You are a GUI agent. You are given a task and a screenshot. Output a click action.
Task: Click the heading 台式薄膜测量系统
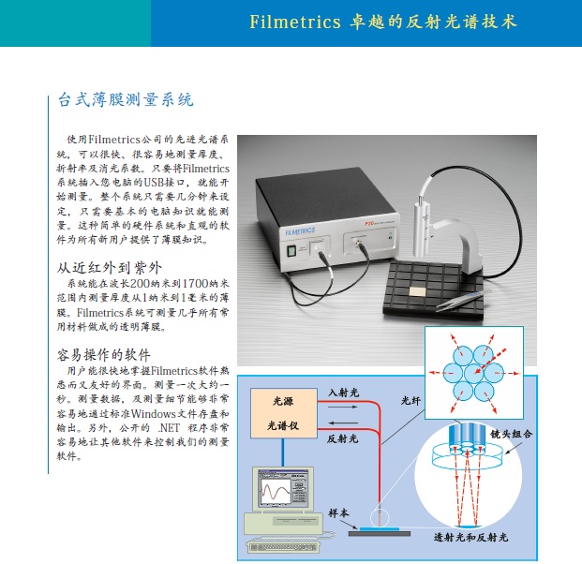click(126, 99)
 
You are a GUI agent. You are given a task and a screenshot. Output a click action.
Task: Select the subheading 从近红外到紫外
click(109, 268)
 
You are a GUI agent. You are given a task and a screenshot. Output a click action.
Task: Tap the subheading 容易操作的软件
click(103, 355)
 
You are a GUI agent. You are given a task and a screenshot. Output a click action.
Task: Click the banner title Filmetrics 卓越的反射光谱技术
click(383, 22)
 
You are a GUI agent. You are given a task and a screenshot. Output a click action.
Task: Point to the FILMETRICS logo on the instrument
click(300, 232)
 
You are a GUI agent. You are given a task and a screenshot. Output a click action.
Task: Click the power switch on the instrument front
click(291, 251)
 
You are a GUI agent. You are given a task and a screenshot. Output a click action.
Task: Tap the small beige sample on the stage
click(418, 291)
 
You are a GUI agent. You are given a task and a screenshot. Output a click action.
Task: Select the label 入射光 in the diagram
click(344, 393)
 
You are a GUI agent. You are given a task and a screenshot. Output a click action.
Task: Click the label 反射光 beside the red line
click(342, 439)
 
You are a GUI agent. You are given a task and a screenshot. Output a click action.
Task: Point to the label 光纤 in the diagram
click(410, 400)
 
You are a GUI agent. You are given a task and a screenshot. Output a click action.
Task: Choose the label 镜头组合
click(511, 434)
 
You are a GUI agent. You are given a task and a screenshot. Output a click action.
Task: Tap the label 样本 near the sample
click(338, 512)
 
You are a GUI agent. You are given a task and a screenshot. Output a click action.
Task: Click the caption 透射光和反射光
click(470, 537)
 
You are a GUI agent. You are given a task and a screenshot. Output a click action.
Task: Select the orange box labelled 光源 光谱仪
click(284, 413)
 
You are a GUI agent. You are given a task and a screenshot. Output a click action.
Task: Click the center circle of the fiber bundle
click(473, 373)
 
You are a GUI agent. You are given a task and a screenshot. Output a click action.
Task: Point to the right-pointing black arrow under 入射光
click(343, 407)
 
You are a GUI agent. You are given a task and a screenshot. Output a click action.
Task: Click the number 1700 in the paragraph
click(195, 283)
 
